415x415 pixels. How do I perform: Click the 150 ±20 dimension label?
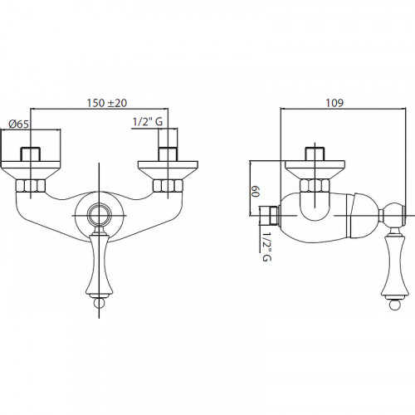pyautogui.click(x=107, y=103)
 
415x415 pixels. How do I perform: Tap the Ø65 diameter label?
pyautogui.click(x=18, y=124)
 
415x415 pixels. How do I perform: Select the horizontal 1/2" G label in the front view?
pyautogui.click(x=148, y=122)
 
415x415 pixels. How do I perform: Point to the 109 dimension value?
pyautogui.click(x=334, y=103)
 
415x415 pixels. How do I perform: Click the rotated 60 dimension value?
pyautogui.click(x=256, y=191)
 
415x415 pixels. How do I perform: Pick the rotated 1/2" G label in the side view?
pyautogui.click(x=266, y=247)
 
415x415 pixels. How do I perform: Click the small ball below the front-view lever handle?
pyautogui.click(x=99, y=303)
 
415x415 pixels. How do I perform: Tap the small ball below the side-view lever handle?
pyautogui.click(x=394, y=305)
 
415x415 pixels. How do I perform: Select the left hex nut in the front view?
pyautogui.click(x=31, y=186)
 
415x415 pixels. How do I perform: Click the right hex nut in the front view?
pyautogui.click(x=168, y=186)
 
